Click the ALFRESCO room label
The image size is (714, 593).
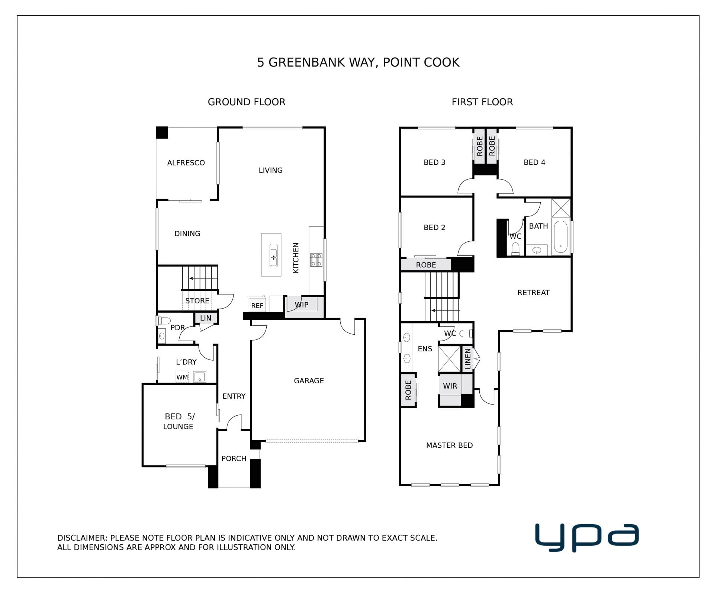186,163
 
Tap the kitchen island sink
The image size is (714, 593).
273,255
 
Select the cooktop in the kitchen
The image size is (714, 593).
316,260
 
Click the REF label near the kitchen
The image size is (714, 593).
257,306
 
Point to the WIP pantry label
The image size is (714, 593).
302,305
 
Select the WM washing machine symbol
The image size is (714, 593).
182,377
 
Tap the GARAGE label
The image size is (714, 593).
309,381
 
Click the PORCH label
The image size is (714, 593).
234,458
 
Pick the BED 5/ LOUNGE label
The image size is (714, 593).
179,422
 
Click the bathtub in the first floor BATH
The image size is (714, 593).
560,237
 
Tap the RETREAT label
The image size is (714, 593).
533,293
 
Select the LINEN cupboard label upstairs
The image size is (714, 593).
468,359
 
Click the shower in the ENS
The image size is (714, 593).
450,359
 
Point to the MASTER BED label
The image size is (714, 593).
449,445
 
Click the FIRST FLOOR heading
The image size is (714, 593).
482,102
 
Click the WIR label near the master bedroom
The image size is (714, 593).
450,386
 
